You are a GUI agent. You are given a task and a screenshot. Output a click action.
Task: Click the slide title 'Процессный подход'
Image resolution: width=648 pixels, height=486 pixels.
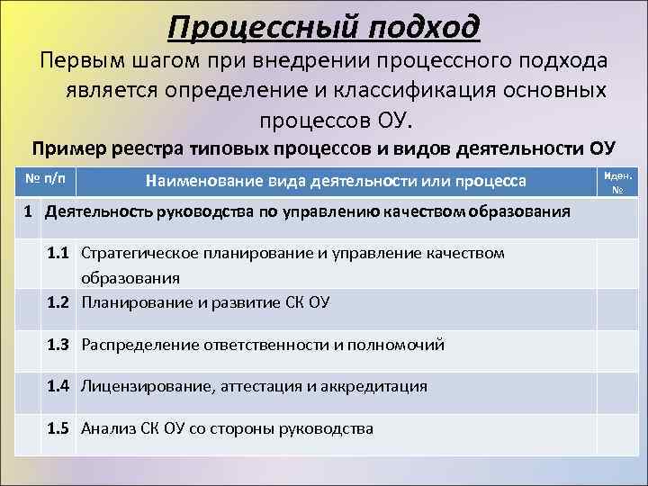click(324, 26)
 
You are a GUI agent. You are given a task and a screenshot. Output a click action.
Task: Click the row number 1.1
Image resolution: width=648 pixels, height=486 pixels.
click(60, 254)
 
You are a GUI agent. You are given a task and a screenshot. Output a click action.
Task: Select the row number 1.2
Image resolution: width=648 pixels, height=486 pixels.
click(60, 302)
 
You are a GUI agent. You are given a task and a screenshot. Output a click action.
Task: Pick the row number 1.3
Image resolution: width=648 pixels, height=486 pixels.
click(60, 345)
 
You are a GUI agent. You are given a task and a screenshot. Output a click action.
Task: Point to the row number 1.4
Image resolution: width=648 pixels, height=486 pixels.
click(60, 386)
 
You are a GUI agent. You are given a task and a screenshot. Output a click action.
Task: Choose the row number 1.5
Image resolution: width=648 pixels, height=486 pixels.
click(60, 428)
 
